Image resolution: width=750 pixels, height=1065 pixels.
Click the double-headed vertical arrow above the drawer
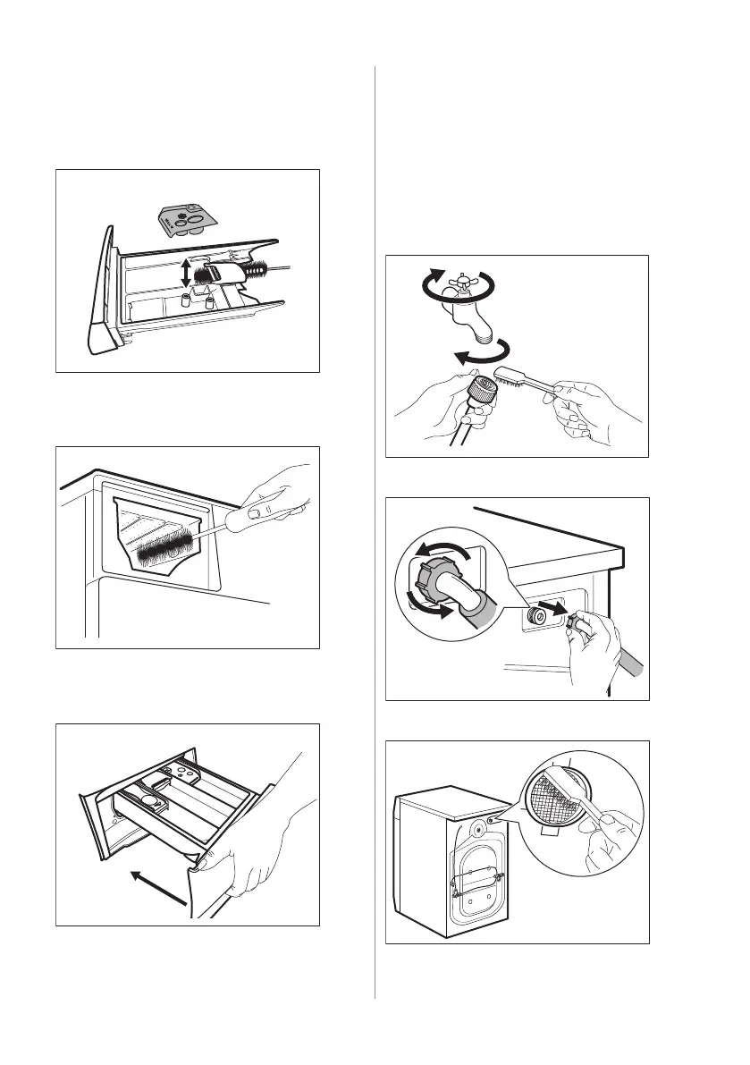pos(185,271)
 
